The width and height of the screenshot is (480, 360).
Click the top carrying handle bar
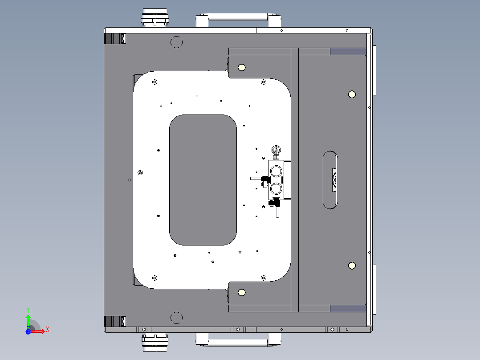coord(238,17)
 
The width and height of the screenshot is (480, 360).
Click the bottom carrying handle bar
coord(238,343)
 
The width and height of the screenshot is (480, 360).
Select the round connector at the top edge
coord(155,18)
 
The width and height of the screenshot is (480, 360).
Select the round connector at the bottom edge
coord(155,342)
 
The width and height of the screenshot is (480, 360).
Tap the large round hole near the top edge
coord(177,42)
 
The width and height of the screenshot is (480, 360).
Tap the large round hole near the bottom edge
coord(177,318)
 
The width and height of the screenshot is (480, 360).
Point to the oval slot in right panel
coord(330,180)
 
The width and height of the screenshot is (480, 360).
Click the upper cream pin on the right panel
coord(352,94)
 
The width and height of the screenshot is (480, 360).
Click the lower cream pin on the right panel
coord(352,266)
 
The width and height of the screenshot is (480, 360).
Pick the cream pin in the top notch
coord(242,67)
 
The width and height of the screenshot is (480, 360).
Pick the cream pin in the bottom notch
coord(242,292)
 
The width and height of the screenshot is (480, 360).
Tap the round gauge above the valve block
coord(276,150)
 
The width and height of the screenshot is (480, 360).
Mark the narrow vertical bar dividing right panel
coord(294,180)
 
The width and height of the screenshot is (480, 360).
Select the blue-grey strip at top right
coord(348,52)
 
